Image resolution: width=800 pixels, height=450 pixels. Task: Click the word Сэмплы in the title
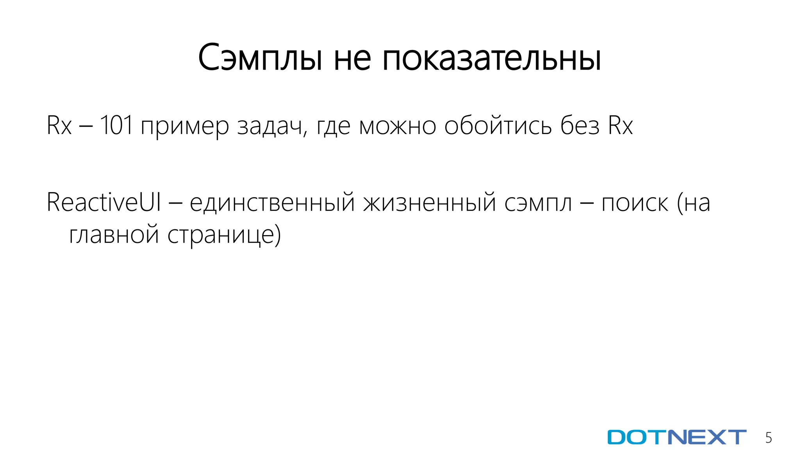coord(261,58)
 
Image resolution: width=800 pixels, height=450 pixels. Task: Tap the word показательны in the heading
coord(491,58)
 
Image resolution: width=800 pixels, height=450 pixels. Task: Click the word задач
coord(271,126)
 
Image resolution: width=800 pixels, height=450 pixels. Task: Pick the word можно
coord(397,126)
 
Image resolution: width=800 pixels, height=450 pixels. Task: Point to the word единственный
coord(272,203)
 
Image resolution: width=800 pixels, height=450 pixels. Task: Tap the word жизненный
coord(429,203)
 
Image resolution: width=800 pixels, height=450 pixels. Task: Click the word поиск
coord(635,203)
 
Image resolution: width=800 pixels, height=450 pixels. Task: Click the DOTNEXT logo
coord(677,437)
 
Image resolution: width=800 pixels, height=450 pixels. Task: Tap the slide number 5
coord(768,438)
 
